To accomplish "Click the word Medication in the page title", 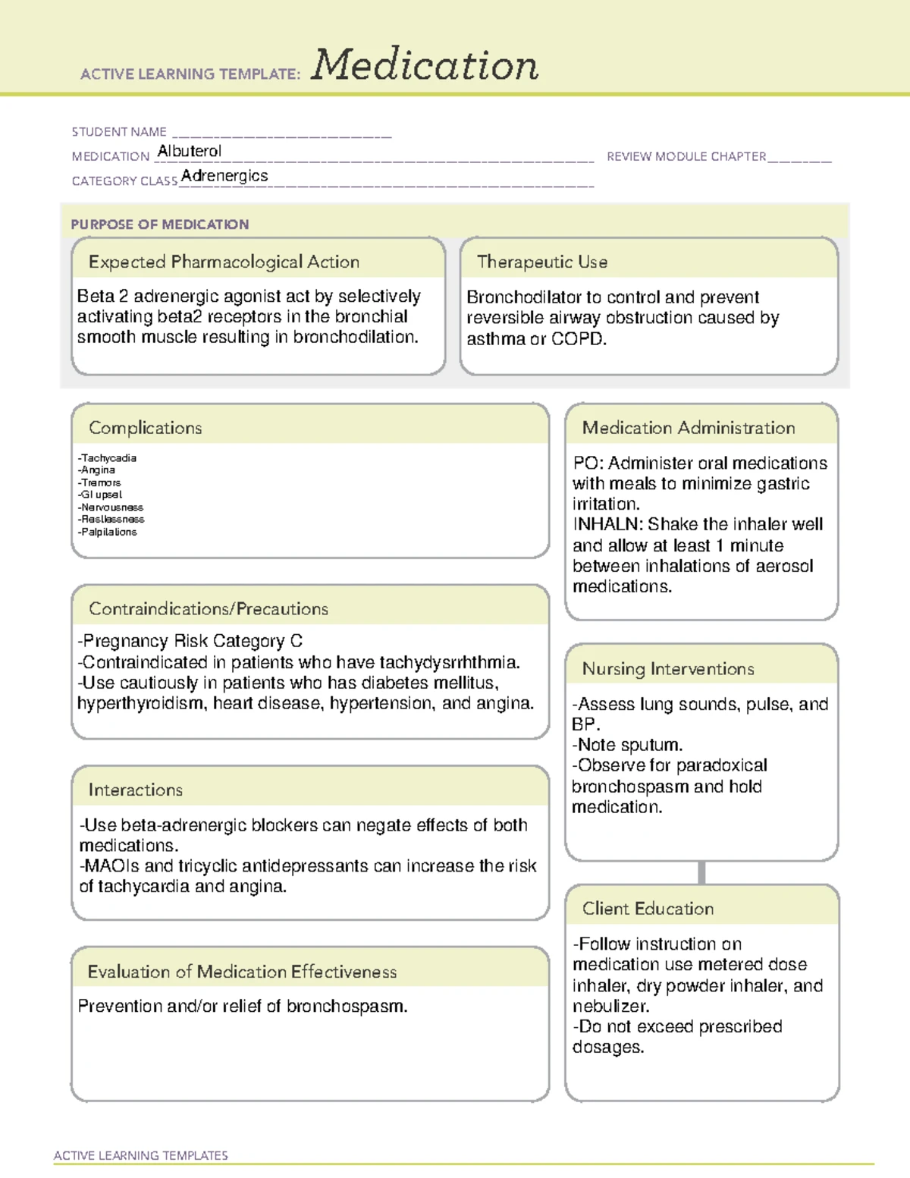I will click(x=425, y=65).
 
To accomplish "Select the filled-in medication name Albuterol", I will click(x=190, y=151).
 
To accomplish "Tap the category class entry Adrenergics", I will click(x=224, y=175).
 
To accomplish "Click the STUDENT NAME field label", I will click(x=119, y=132).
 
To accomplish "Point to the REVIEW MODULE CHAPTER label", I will click(x=686, y=156).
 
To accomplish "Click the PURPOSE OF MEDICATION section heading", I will click(x=160, y=225).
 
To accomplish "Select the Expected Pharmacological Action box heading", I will click(x=224, y=262).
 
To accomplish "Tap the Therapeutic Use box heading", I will click(x=542, y=262).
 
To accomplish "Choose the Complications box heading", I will click(x=146, y=428).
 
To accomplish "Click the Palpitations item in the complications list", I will click(x=108, y=532).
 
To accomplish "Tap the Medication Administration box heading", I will click(x=689, y=428).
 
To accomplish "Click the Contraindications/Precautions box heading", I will click(x=209, y=609).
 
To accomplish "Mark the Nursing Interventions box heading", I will click(x=668, y=669).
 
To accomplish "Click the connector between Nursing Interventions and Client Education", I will click(x=701, y=872).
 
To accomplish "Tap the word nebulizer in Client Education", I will click(x=610, y=1007).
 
